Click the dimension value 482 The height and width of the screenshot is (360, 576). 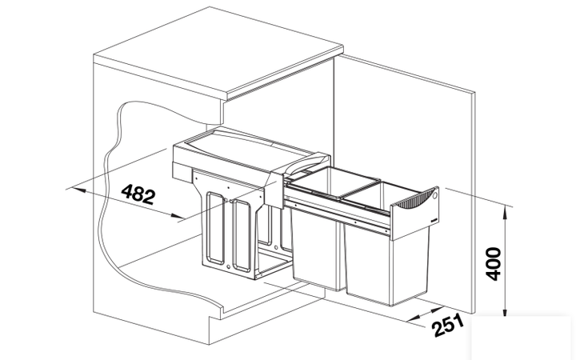point(138,194)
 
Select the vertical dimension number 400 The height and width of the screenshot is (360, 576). point(494,264)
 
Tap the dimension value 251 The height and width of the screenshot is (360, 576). point(449,325)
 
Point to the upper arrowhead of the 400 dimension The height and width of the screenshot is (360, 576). point(506,212)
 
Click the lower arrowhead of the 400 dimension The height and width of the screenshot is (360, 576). point(506,310)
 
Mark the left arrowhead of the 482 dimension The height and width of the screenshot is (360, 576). point(79,190)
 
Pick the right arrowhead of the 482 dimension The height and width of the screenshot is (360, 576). point(175,216)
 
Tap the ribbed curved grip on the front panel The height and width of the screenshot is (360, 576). point(417,201)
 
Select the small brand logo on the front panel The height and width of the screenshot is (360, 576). point(434,220)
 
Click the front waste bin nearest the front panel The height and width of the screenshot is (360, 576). point(386,257)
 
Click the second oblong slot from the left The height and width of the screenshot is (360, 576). point(242,236)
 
